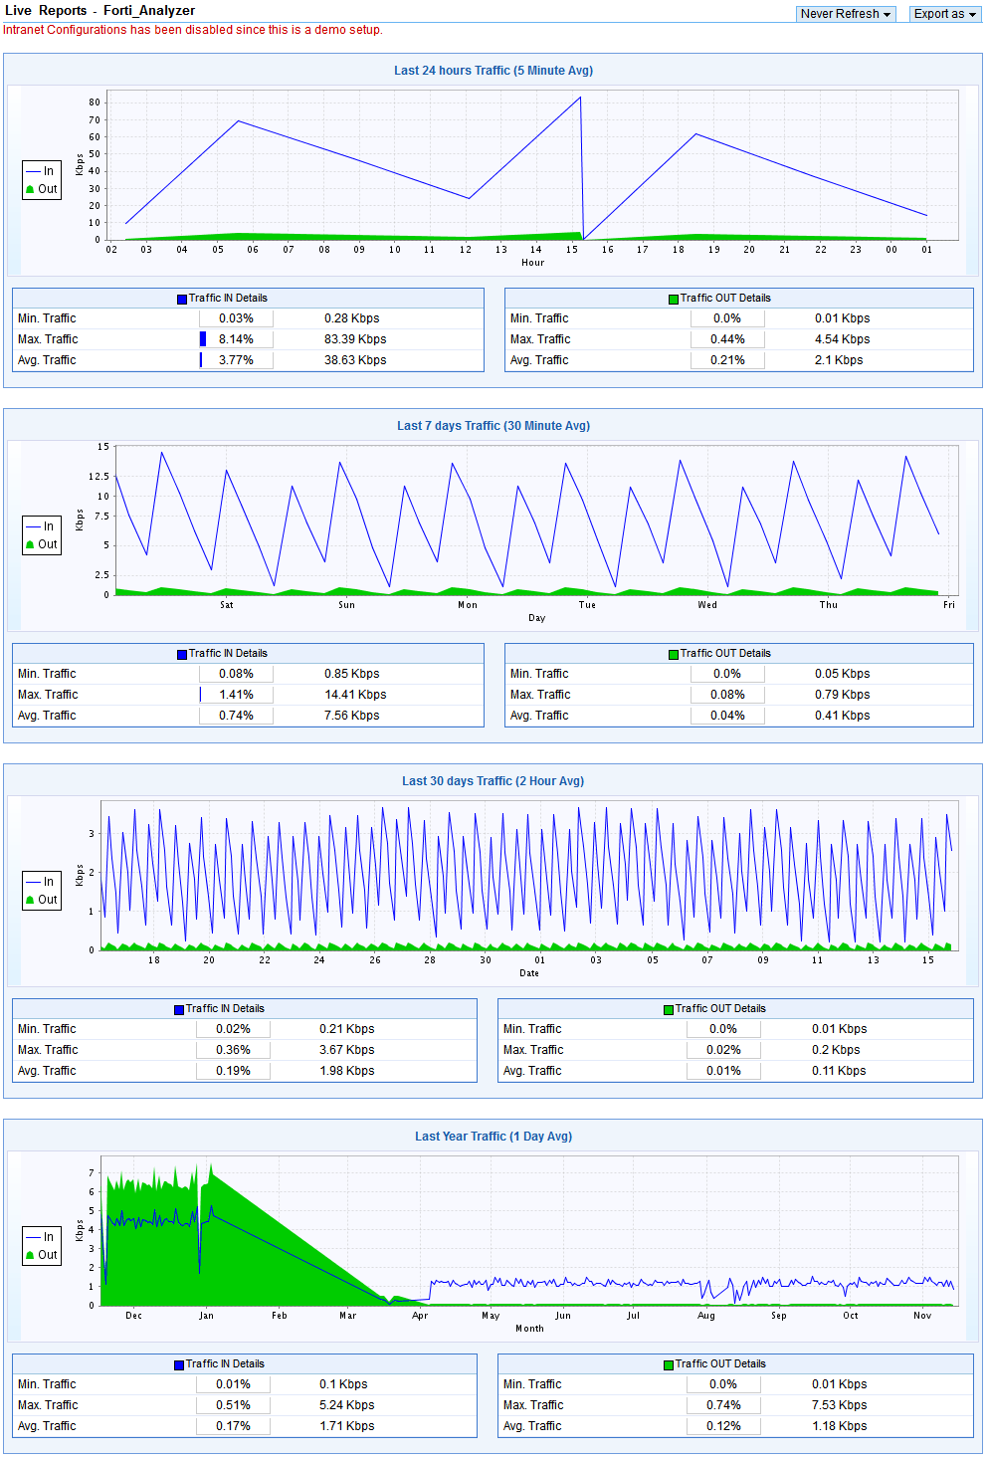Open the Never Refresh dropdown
pyautogui.click(x=846, y=14)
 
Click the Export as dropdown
pyautogui.click(x=944, y=14)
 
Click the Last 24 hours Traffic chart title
pyautogui.click(x=494, y=71)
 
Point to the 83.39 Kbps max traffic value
pyautogui.click(x=355, y=339)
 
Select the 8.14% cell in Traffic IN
pyautogui.click(x=236, y=339)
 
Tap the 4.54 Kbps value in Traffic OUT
pyautogui.click(x=842, y=339)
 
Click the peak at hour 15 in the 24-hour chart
pyautogui.click(x=580, y=98)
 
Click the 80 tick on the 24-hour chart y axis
pyautogui.click(x=95, y=103)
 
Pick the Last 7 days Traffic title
pyautogui.click(x=494, y=426)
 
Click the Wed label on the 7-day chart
pyautogui.click(x=707, y=605)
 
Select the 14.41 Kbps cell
pyautogui.click(x=355, y=695)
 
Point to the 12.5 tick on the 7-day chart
pyautogui.click(x=99, y=477)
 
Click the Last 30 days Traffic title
pyautogui.click(x=494, y=781)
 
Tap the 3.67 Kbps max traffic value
pyautogui.click(x=347, y=1050)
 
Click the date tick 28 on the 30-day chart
pyautogui.click(x=430, y=960)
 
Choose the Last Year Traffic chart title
pyautogui.click(x=494, y=1137)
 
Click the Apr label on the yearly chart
pyautogui.click(x=420, y=1316)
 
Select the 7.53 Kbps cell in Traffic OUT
pyautogui.click(x=839, y=1405)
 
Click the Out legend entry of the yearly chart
pyautogui.click(x=43, y=1255)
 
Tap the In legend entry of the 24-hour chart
pyautogui.click(x=43, y=171)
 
